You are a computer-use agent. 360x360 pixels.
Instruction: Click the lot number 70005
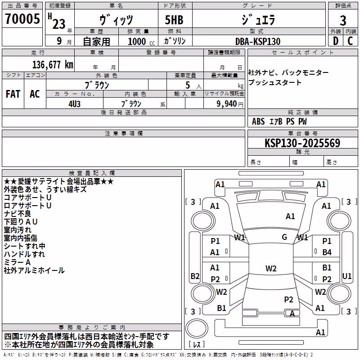tap(22, 19)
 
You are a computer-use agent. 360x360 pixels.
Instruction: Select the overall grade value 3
tap(343, 21)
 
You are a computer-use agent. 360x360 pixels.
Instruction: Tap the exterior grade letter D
tap(336, 41)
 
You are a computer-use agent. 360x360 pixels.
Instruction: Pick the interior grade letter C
tap(350, 41)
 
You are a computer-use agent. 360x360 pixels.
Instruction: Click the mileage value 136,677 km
tap(53, 65)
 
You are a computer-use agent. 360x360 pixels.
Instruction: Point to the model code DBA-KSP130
tap(258, 41)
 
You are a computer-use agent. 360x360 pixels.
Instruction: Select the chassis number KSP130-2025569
tap(302, 143)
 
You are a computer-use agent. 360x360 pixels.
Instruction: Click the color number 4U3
tap(75, 104)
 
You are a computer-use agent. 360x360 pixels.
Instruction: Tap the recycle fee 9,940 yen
tap(230, 104)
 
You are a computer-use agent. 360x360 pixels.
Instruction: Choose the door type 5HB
tap(174, 20)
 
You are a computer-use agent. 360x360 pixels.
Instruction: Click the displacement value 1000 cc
tap(141, 41)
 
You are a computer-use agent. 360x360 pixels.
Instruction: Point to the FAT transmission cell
tap(13, 94)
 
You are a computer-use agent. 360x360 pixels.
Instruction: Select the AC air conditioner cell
tap(35, 94)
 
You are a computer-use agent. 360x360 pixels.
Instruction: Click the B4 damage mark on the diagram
tap(327, 252)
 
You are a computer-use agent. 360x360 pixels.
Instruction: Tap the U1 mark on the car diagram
tap(346, 276)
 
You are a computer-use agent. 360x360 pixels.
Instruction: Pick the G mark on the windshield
tap(284, 237)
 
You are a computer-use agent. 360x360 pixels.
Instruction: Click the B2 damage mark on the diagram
tap(195, 276)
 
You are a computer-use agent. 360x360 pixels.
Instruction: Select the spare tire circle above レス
tap(197, 328)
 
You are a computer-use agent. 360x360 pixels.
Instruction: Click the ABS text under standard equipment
tap(258, 121)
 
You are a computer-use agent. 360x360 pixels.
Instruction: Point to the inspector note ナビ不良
tap(18, 214)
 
